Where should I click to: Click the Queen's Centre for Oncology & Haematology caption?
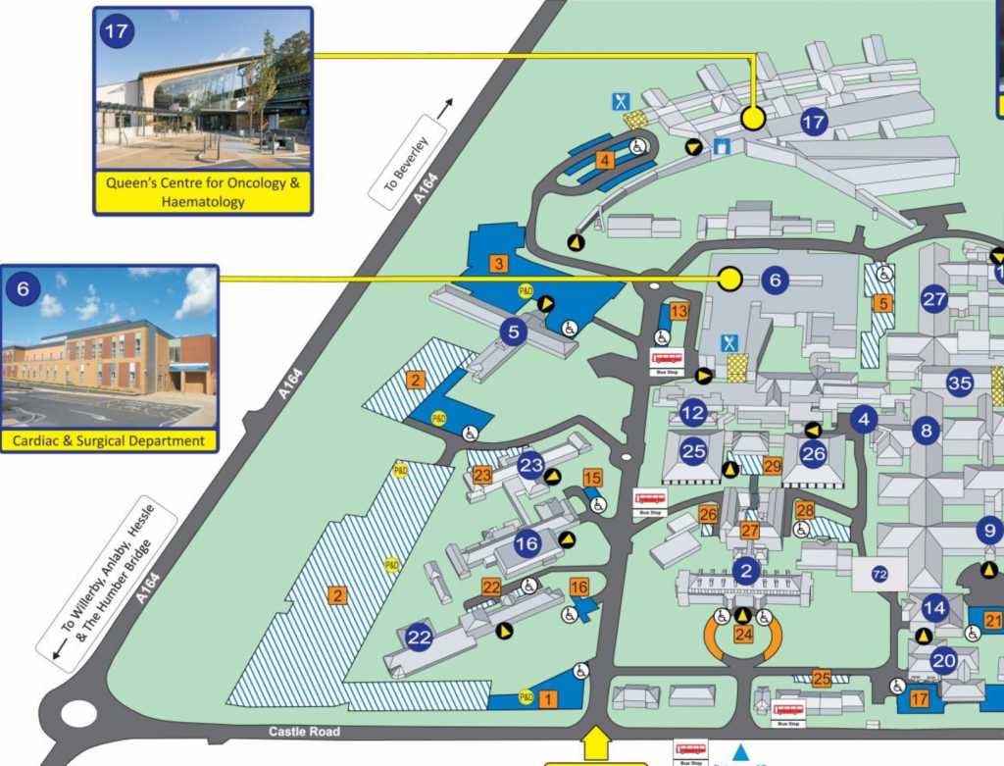[x=202, y=192]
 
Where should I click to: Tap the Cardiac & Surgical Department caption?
[x=109, y=440]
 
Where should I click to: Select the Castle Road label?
[x=304, y=732]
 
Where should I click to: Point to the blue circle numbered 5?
[x=513, y=332]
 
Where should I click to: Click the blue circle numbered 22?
[x=420, y=638]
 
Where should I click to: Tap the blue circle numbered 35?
[x=959, y=383]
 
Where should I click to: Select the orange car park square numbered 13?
[x=679, y=312]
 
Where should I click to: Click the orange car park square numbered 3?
[x=498, y=264]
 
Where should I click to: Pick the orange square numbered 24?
[x=743, y=635]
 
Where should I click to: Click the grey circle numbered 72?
[x=879, y=574]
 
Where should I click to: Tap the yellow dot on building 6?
[x=728, y=280]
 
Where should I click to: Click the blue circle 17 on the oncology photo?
[x=116, y=31]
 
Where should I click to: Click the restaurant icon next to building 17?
[x=621, y=101]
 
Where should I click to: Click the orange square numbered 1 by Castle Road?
[x=548, y=698]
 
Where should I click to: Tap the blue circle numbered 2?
[x=746, y=570]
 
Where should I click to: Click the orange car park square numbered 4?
[x=607, y=160]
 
